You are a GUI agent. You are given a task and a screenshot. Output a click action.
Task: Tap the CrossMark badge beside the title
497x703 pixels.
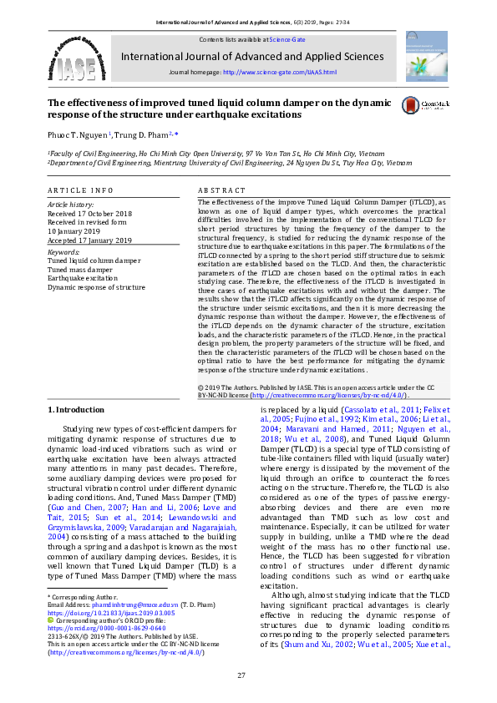417,105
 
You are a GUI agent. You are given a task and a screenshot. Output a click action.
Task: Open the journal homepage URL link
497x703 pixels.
280,73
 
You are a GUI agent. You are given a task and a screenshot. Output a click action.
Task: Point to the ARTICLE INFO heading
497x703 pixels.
79,190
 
